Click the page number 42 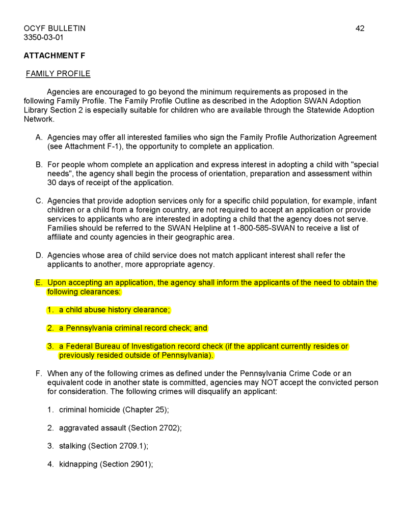360,28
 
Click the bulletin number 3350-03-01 43,38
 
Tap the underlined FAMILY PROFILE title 58,74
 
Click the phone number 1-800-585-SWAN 260,228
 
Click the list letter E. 38,283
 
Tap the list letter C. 39,200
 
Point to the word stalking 72,446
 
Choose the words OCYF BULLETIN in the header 55,28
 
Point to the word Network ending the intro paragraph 39,119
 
